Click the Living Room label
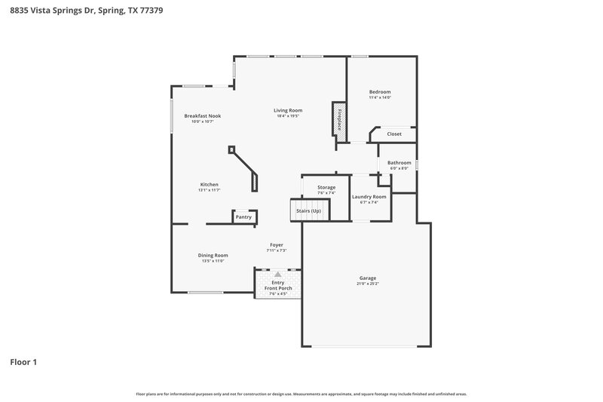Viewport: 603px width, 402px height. [x=288, y=110]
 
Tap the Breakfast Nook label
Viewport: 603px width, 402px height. [x=203, y=115]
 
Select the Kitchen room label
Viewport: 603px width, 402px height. [x=209, y=184]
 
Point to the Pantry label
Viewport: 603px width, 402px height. [x=243, y=217]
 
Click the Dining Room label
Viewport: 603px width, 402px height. [x=213, y=255]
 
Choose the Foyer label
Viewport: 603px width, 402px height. [x=277, y=244]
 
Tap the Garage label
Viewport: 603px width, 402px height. [x=368, y=278]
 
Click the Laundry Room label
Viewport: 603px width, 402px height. [x=369, y=197]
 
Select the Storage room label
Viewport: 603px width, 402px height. [x=326, y=187]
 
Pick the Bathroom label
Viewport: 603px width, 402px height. [x=399, y=162]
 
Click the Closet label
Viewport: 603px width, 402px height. [x=394, y=134]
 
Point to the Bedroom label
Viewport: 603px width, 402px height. [x=380, y=92]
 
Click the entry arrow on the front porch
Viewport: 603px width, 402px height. [x=278, y=274]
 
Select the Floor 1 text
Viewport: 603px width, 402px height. [x=23, y=362]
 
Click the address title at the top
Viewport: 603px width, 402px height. [x=81, y=11]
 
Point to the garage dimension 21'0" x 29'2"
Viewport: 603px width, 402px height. [x=368, y=284]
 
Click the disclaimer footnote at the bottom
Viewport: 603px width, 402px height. [x=301, y=394]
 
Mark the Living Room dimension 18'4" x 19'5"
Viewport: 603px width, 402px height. [x=288, y=116]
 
